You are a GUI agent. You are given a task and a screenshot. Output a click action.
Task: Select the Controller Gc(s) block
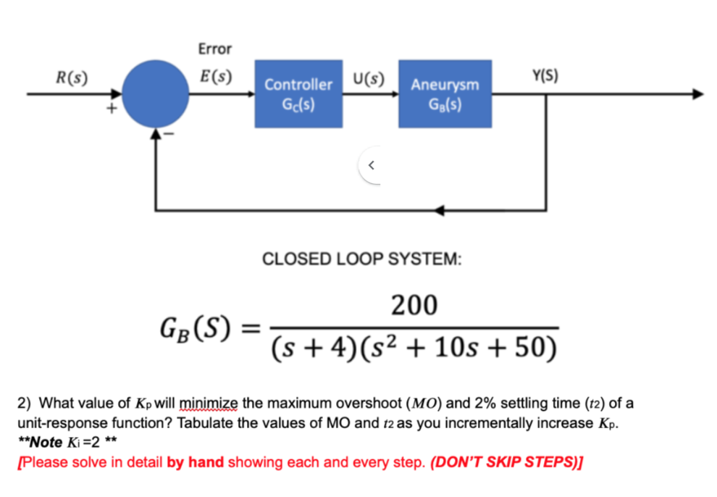coord(298,93)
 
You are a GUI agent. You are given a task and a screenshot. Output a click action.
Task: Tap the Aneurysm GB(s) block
coord(445,93)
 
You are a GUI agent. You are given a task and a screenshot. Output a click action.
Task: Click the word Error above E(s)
coord(214,49)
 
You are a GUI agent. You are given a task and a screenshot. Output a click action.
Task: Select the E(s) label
coord(215,77)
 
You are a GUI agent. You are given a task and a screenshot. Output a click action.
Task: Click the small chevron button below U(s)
coord(371,166)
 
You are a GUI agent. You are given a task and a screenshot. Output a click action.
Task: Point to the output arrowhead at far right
coord(697,93)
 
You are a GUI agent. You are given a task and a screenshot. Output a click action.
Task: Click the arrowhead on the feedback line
coord(440,209)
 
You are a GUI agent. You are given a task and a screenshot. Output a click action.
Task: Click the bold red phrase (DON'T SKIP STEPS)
coord(507,462)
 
